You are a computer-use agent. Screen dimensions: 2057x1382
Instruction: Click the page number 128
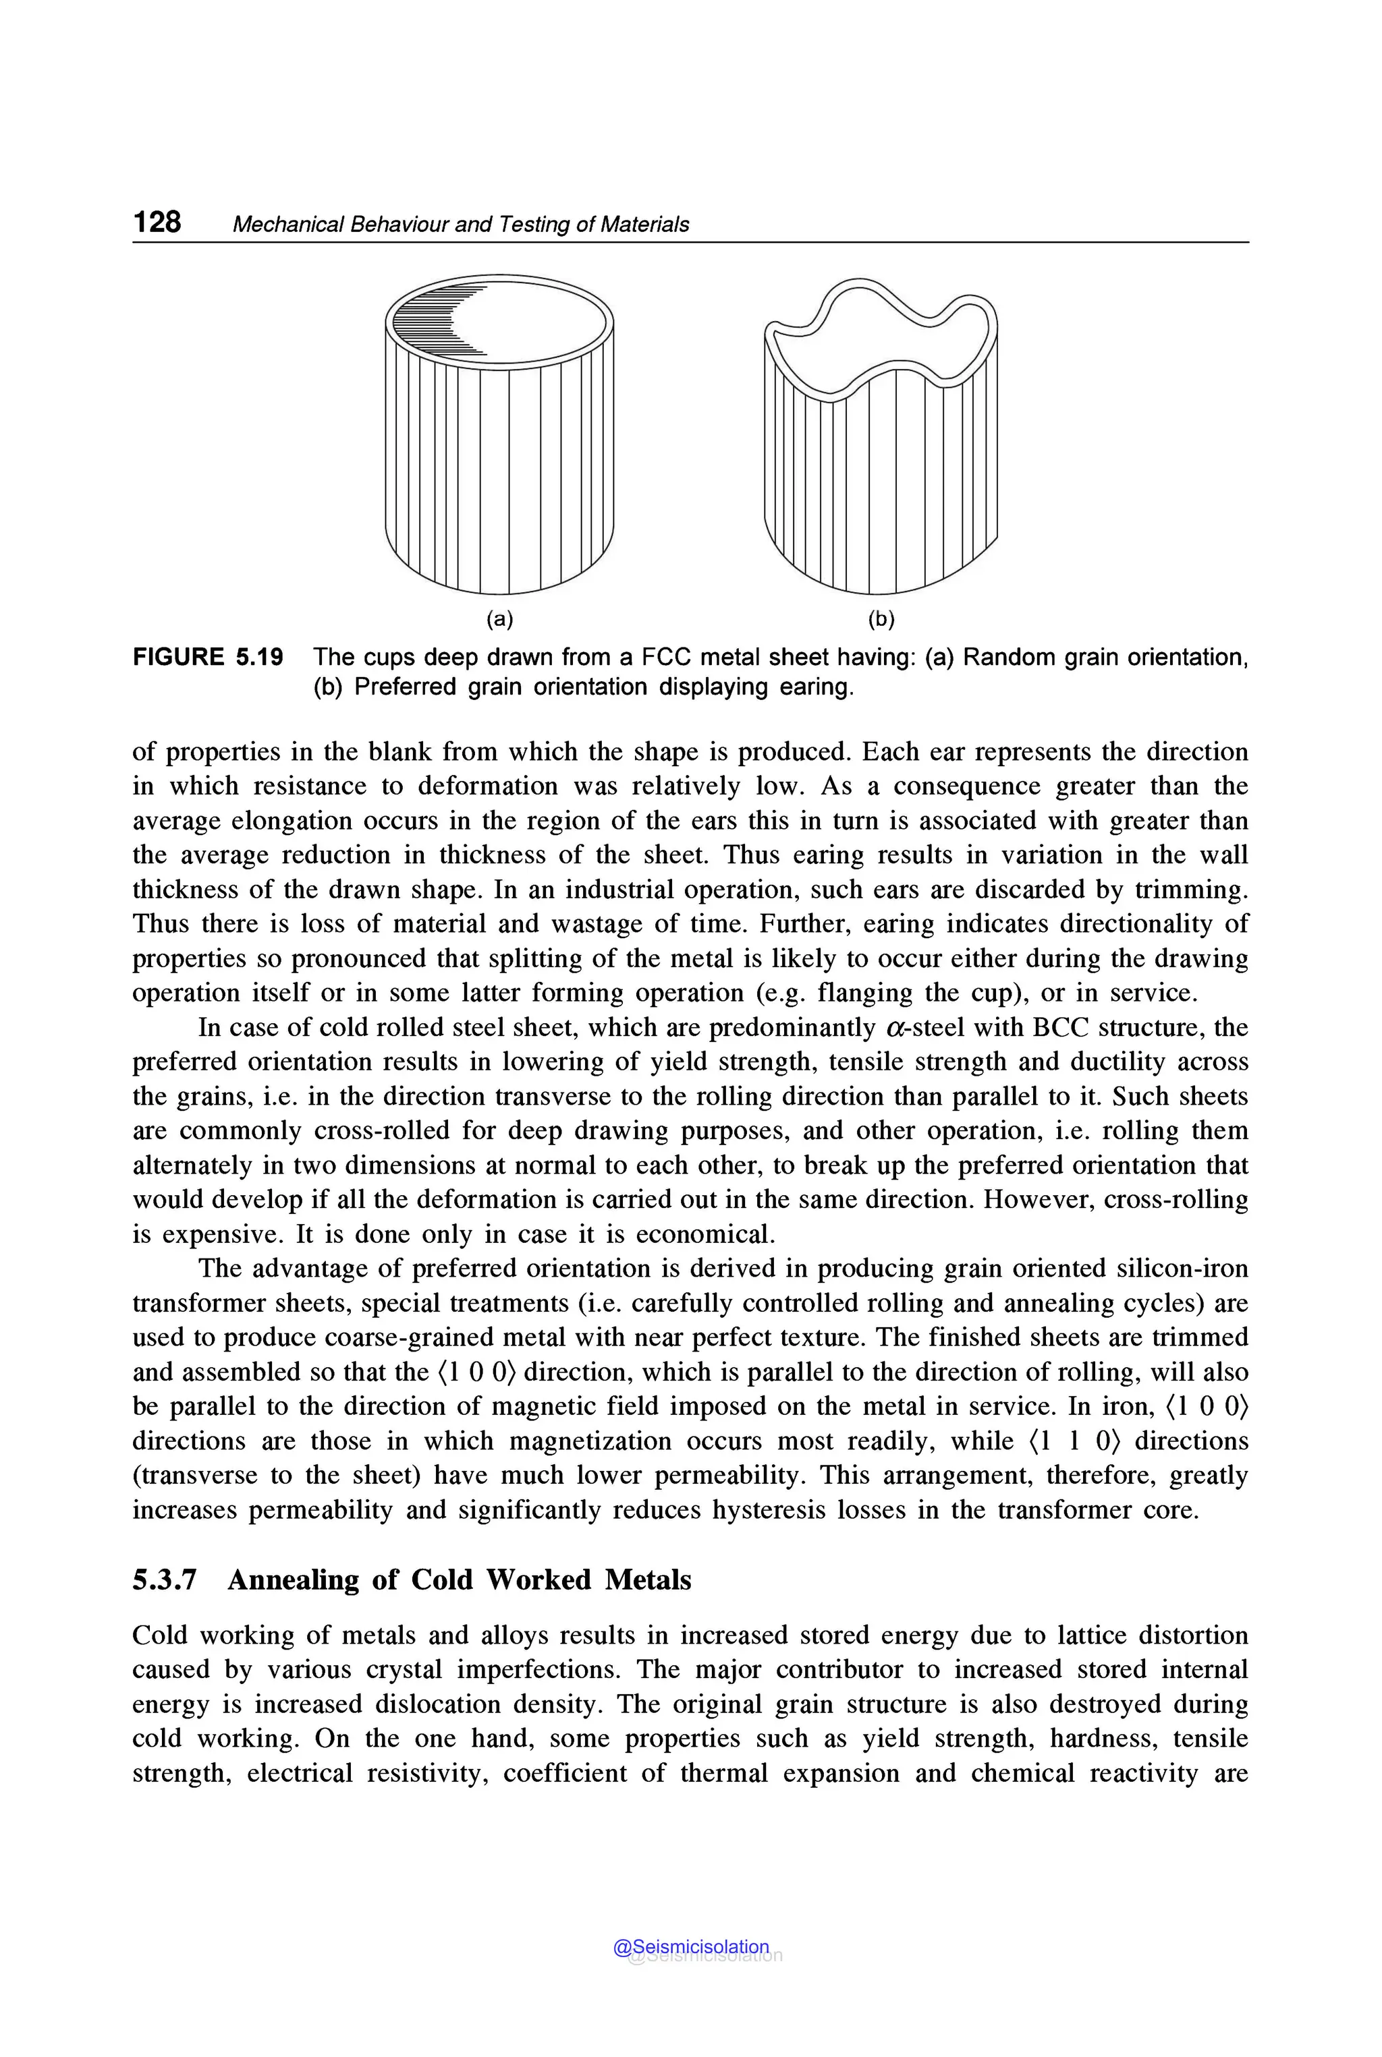coord(157,221)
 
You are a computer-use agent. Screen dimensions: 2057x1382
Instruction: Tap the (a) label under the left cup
coord(500,619)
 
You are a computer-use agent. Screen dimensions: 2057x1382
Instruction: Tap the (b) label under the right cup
coord(881,619)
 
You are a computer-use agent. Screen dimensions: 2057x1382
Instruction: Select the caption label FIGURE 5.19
coord(208,657)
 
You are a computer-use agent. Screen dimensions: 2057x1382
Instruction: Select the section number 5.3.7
coord(164,1579)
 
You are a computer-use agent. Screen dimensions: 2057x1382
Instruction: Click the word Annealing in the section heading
coord(293,1579)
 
